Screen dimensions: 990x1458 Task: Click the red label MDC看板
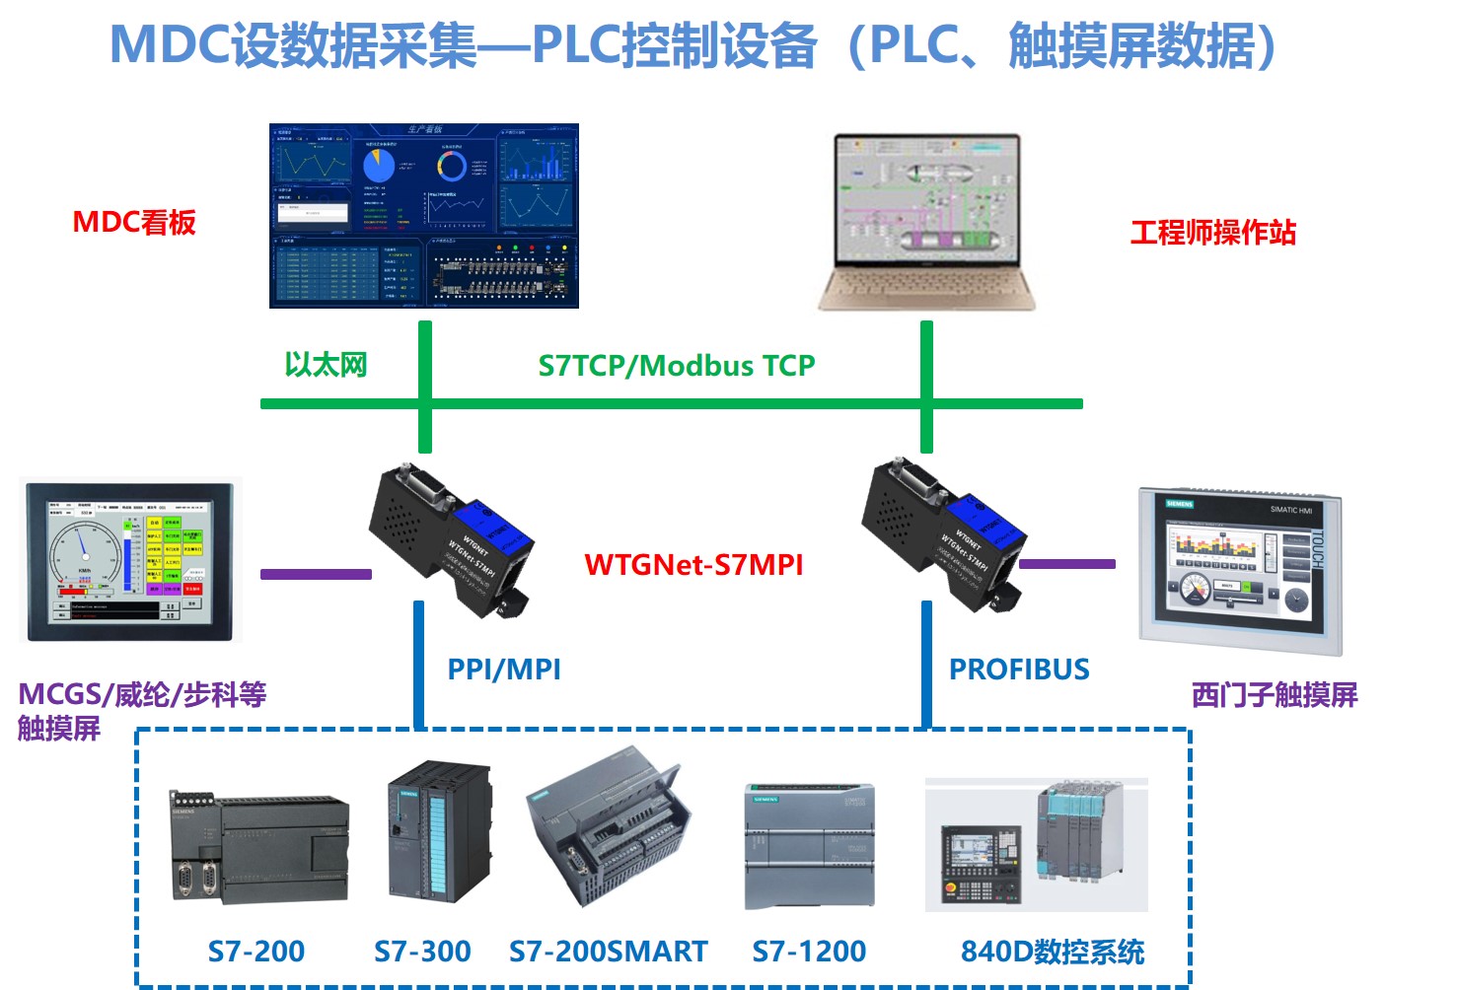tap(134, 223)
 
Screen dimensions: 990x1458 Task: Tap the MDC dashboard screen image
tap(424, 216)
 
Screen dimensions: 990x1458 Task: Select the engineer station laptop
tap(926, 222)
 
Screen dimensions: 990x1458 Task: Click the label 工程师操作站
tap(1212, 233)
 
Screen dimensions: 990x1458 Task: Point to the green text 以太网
tap(326, 365)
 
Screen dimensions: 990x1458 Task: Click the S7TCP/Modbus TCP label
tap(677, 366)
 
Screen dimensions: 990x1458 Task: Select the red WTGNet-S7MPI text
tap(693, 565)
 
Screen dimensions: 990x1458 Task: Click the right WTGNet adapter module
tap(943, 535)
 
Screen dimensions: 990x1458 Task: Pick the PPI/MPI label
tap(504, 670)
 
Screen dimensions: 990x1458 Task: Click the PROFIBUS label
tap(1019, 670)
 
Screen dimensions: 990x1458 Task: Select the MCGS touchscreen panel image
tap(130, 561)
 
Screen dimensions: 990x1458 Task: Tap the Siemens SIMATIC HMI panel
tap(1241, 570)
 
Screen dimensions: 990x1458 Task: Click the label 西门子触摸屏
tap(1275, 695)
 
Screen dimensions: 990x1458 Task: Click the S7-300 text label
tap(422, 952)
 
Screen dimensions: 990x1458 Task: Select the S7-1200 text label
tap(809, 952)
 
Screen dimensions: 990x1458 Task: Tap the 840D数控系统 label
tap(1053, 952)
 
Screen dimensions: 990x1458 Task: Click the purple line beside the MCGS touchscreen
tap(316, 574)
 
